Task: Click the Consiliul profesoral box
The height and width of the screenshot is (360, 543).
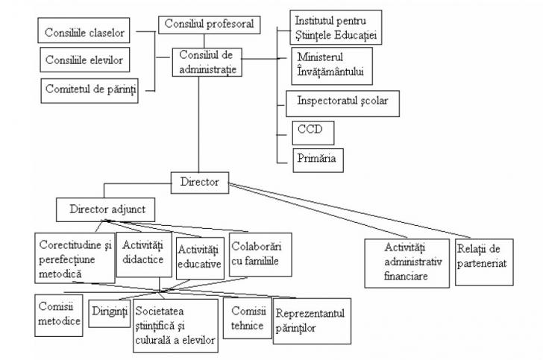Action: [x=210, y=24]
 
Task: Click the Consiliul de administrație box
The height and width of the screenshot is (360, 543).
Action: [x=210, y=63]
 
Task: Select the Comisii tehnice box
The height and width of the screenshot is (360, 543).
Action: [x=248, y=317]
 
